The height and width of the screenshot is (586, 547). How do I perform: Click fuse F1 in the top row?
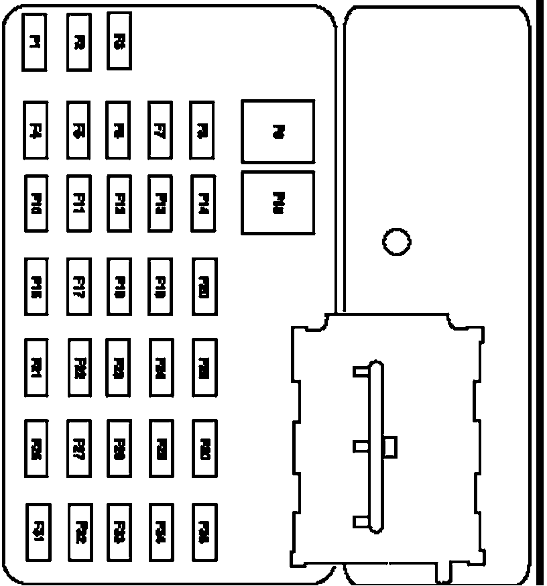(x=34, y=42)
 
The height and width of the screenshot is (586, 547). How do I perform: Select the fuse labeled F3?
(x=119, y=42)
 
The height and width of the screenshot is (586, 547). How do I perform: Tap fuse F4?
(x=35, y=130)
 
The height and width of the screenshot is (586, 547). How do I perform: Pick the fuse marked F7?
(x=160, y=130)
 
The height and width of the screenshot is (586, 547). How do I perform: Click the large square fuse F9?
(x=278, y=131)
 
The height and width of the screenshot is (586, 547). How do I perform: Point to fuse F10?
(x=37, y=202)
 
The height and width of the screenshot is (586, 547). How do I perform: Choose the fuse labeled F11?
(x=79, y=202)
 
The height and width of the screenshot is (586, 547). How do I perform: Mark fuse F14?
(x=204, y=202)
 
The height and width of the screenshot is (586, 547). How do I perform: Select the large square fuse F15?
(x=278, y=202)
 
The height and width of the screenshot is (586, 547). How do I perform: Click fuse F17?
(x=80, y=286)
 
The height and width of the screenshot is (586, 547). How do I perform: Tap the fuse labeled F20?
(x=204, y=286)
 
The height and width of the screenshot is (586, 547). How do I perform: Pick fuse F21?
(x=37, y=367)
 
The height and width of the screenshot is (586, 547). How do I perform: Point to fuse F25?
(x=204, y=367)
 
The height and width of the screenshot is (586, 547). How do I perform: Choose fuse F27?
(x=80, y=448)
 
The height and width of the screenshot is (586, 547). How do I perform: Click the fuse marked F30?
(x=204, y=448)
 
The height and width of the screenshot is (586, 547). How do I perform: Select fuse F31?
(x=38, y=531)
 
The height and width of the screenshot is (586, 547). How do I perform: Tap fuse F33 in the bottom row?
(x=119, y=531)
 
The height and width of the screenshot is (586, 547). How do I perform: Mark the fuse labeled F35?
(x=204, y=531)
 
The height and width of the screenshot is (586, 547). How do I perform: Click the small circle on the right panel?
(x=397, y=240)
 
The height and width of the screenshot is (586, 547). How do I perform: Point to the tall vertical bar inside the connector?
(x=376, y=449)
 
